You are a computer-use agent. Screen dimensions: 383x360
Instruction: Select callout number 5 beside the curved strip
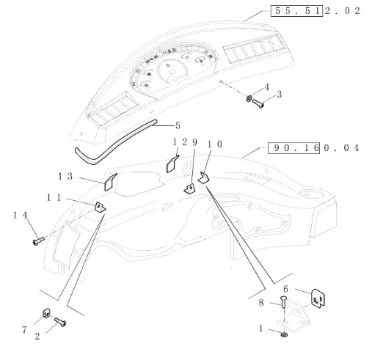coord(178,125)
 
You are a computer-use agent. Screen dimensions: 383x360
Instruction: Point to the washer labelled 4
coord(249,99)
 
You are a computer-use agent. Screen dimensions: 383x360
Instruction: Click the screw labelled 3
coord(258,103)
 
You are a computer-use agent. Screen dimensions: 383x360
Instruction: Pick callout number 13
coord(65,176)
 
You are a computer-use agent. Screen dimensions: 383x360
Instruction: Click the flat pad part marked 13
coord(111,182)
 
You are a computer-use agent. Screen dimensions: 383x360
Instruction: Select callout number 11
coord(54,197)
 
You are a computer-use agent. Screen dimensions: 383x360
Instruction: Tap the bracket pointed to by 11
coord(101,207)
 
